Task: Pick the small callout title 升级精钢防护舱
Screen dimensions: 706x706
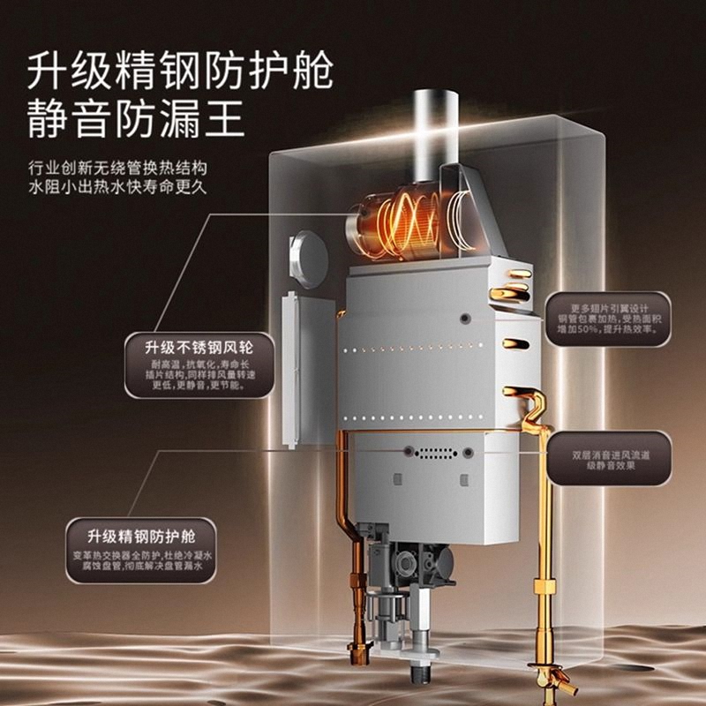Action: coord(140,536)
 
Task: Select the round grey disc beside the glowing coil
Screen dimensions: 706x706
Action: coord(309,258)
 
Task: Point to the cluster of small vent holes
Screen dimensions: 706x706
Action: coord(436,453)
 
